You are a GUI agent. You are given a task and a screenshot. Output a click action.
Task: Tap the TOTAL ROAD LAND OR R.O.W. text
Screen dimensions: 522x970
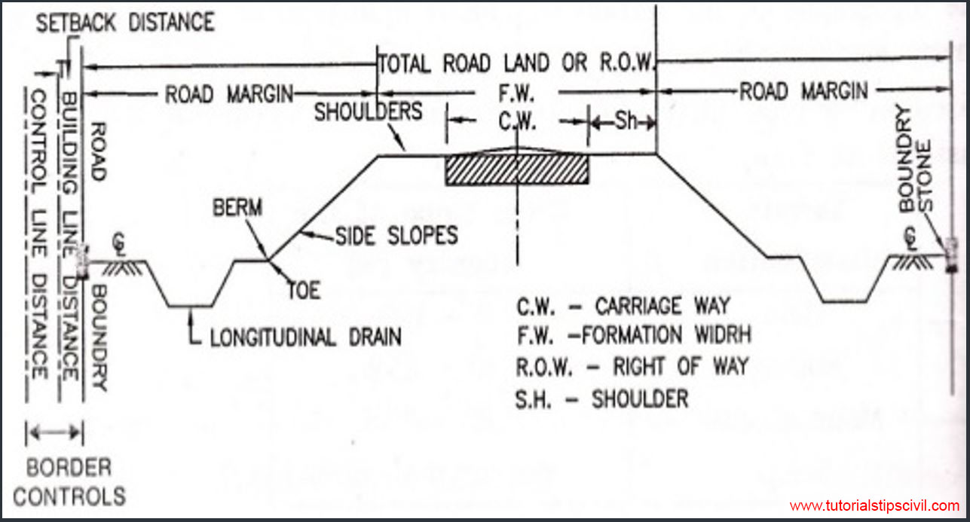click(x=518, y=63)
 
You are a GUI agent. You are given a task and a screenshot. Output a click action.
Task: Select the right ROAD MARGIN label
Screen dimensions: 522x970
click(x=803, y=93)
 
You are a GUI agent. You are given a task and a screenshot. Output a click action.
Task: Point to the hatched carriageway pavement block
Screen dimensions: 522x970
click(x=517, y=169)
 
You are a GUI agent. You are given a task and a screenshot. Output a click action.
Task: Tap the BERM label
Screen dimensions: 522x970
click(x=237, y=208)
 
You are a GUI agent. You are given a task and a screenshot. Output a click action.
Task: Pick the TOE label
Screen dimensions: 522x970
click(x=303, y=290)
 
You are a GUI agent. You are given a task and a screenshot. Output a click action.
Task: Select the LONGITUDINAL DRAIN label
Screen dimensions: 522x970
click(x=305, y=336)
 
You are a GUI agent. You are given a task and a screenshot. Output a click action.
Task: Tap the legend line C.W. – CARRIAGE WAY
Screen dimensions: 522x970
click(x=623, y=306)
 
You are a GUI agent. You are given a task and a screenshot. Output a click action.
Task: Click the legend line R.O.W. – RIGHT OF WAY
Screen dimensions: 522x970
click(x=632, y=367)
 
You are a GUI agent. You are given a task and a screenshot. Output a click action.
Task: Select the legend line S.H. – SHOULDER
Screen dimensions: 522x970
click(x=602, y=398)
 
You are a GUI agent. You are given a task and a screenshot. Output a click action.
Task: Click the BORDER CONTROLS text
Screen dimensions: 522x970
click(x=69, y=482)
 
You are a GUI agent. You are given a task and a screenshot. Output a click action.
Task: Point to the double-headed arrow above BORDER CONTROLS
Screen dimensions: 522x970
click(x=54, y=432)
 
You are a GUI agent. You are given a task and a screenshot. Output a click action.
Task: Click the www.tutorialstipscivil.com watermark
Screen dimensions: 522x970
click(x=874, y=506)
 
